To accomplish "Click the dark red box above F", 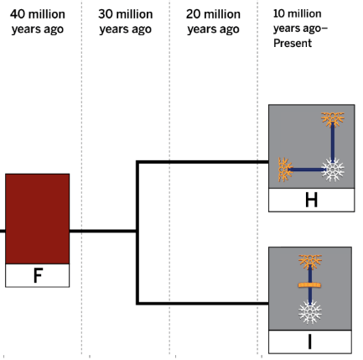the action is [x=38, y=219].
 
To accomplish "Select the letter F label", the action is [x=38, y=275].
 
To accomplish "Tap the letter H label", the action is [x=312, y=201].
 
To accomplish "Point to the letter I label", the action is [x=309, y=342].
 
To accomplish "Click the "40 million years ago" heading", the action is [x=38, y=22].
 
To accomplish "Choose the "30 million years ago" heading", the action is [x=126, y=22].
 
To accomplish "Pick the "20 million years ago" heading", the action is [x=213, y=22].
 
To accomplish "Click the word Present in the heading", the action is [x=293, y=44].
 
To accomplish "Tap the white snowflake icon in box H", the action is [x=333, y=170].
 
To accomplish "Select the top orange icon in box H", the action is [x=333, y=119].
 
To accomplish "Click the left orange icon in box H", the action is [x=285, y=170].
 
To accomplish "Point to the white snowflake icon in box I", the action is [x=310, y=312].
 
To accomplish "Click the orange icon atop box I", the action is [x=310, y=262].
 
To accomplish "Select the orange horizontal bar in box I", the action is [x=309, y=285].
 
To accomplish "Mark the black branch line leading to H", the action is [x=203, y=162].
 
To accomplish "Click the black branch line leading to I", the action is [x=203, y=303].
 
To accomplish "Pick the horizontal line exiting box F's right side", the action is [x=103, y=231].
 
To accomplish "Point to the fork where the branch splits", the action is [x=137, y=231].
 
